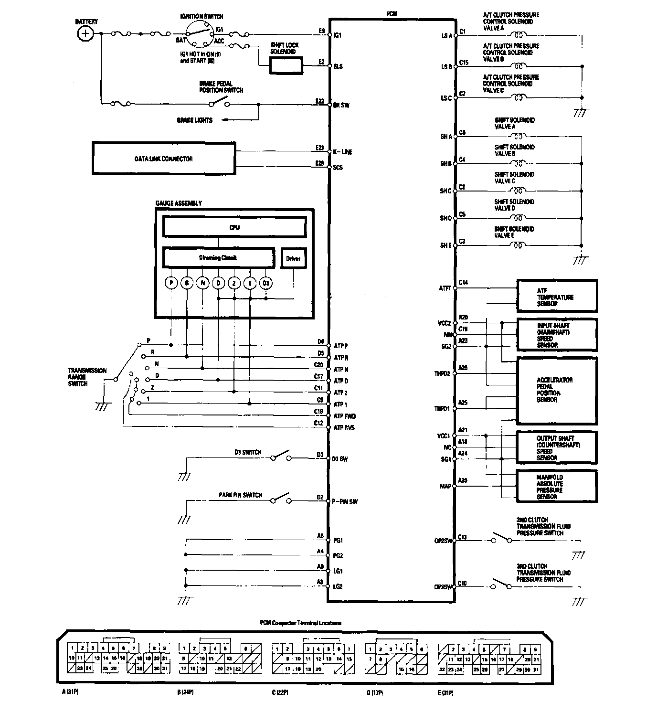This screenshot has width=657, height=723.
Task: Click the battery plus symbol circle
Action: [85, 33]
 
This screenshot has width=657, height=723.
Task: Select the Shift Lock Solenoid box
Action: [286, 65]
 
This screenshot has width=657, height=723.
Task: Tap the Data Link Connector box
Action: [164, 159]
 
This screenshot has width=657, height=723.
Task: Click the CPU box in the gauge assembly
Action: [234, 227]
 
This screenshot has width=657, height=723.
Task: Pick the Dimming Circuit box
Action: [219, 258]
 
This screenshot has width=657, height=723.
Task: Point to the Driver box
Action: [293, 258]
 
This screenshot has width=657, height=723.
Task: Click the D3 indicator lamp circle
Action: [266, 283]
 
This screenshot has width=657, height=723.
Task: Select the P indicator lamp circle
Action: [171, 283]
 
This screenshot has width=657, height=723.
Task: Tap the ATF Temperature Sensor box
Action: [557, 297]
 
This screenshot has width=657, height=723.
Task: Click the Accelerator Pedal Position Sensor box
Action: [557, 390]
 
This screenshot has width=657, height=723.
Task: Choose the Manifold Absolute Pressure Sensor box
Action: [557, 486]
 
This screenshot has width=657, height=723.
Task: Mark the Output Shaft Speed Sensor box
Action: [557, 447]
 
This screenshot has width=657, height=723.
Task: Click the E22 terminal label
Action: [319, 101]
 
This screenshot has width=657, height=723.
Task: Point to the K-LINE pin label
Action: [342, 152]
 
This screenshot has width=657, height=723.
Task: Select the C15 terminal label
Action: [464, 63]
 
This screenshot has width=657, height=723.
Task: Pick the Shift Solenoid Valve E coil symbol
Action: [518, 245]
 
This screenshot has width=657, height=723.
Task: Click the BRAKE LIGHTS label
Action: [195, 120]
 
